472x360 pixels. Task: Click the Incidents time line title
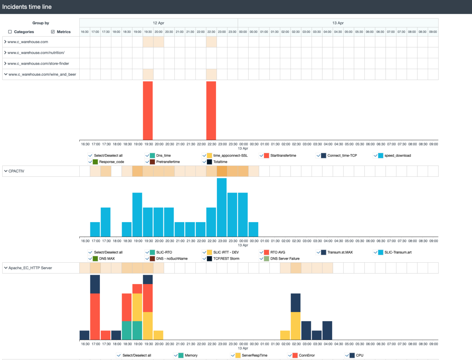(x=27, y=7)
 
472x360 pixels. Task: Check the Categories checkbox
(x=10, y=32)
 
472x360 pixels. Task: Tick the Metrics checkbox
(x=53, y=32)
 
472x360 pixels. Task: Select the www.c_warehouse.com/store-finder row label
(x=38, y=63)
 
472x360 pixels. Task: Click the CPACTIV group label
(x=16, y=171)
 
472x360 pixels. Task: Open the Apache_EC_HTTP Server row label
(x=30, y=268)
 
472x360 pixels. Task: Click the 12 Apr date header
(x=159, y=23)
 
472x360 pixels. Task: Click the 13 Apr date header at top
(x=338, y=23)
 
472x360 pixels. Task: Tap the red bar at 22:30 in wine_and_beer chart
(x=211, y=111)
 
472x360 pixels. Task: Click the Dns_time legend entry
(x=163, y=156)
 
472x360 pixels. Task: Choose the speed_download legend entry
(x=397, y=156)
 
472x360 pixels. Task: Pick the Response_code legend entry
(x=111, y=162)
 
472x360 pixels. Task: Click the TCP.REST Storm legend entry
(x=226, y=259)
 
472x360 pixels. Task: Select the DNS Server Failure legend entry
(x=285, y=259)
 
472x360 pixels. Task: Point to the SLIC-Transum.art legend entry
(x=398, y=252)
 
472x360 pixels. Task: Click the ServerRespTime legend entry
(x=254, y=356)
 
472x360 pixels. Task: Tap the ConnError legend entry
(x=306, y=356)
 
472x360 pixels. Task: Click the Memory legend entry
(x=191, y=356)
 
